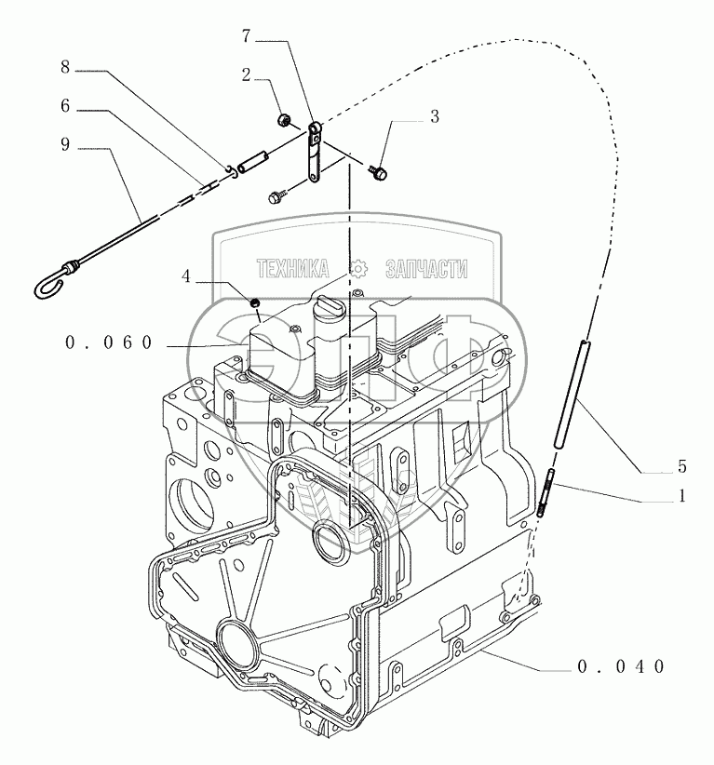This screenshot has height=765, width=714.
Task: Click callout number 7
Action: coord(246,38)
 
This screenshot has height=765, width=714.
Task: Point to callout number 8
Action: coord(64,67)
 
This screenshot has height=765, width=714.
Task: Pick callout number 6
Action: coord(64,107)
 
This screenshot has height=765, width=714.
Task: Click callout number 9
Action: coord(64,146)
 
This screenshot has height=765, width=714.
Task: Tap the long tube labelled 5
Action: coord(569,391)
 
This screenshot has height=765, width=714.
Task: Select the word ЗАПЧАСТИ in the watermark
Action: coord(426,270)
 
